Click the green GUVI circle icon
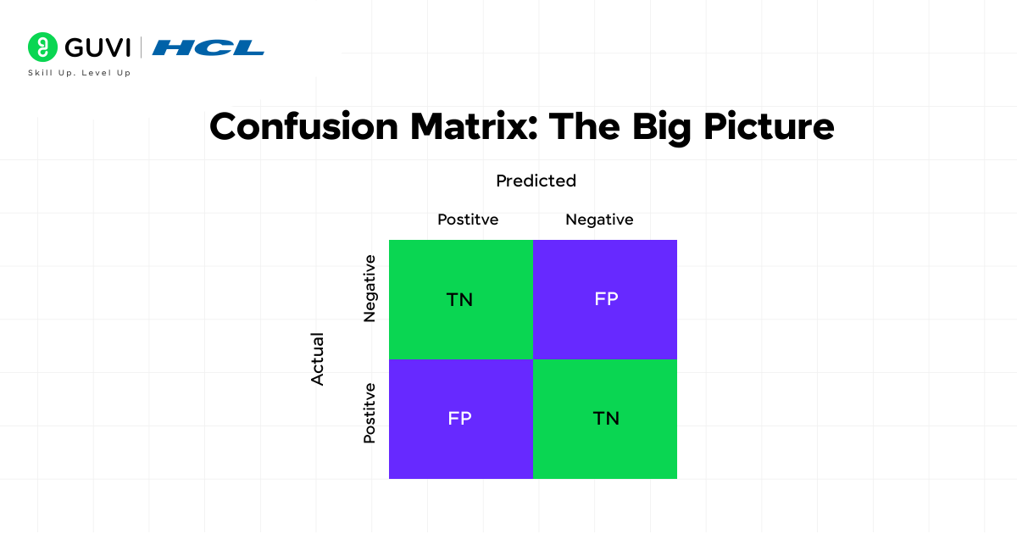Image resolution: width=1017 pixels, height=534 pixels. coord(42,47)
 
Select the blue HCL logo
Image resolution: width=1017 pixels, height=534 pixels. coord(208,47)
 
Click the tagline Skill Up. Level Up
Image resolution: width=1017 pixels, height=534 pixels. coord(80,74)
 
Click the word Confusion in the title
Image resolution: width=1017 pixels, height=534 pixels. coord(303,127)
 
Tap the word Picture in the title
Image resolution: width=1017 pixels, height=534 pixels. coord(768,127)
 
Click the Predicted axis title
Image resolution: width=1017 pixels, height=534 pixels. coord(536,181)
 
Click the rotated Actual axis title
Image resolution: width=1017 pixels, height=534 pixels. coord(318,359)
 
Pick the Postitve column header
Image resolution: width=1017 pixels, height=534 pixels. coord(468,220)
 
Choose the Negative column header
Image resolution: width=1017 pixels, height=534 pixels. coord(599,220)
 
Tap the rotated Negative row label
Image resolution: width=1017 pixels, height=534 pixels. coord(370,289)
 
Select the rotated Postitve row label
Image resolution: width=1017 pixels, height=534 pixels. coord(370,413)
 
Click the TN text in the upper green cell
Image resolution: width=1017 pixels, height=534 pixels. coord(459,299)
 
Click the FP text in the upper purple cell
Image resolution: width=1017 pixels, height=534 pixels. coord(606,299)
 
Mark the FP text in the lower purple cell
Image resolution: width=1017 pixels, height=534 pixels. coord(459,419)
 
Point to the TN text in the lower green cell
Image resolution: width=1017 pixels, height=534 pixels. coord(606,419)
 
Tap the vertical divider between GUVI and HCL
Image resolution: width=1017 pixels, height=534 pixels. coord(141,47)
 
